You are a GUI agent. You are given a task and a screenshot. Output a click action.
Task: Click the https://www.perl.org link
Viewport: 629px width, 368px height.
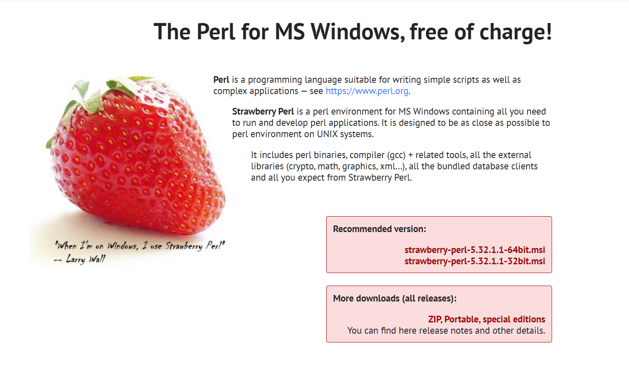(x=367, y=91)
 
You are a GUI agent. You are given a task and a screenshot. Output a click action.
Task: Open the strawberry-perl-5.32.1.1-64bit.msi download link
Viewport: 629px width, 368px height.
(x=474, y=250)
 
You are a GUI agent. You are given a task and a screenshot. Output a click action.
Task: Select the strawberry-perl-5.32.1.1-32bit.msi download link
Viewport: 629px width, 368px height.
(x=474, y=261)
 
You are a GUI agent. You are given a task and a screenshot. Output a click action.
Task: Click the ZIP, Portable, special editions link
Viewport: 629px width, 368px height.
(x=486, y=319)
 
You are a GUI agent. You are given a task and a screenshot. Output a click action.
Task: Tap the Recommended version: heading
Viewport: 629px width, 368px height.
(x=379, y=229)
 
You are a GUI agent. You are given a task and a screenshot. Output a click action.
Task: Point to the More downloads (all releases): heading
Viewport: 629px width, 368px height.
(x=394, y=299)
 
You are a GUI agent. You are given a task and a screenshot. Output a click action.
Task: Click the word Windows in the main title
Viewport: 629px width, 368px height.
(x=358, y=32)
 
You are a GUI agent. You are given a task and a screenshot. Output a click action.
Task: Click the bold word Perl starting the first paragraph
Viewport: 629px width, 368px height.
(x=221, y=80)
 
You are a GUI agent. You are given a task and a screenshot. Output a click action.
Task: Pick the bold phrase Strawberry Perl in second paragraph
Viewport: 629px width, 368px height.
(x=263, y=112)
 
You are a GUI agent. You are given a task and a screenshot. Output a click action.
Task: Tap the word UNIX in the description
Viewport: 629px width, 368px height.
(x=327, y=134)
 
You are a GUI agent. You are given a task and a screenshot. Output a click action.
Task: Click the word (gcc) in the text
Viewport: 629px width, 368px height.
(x=396, y=155)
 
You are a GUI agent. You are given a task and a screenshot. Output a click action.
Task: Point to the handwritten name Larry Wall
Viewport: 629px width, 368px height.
(x=86, y=259)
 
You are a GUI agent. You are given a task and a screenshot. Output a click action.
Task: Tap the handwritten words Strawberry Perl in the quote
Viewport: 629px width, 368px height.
(x=195, y=245)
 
